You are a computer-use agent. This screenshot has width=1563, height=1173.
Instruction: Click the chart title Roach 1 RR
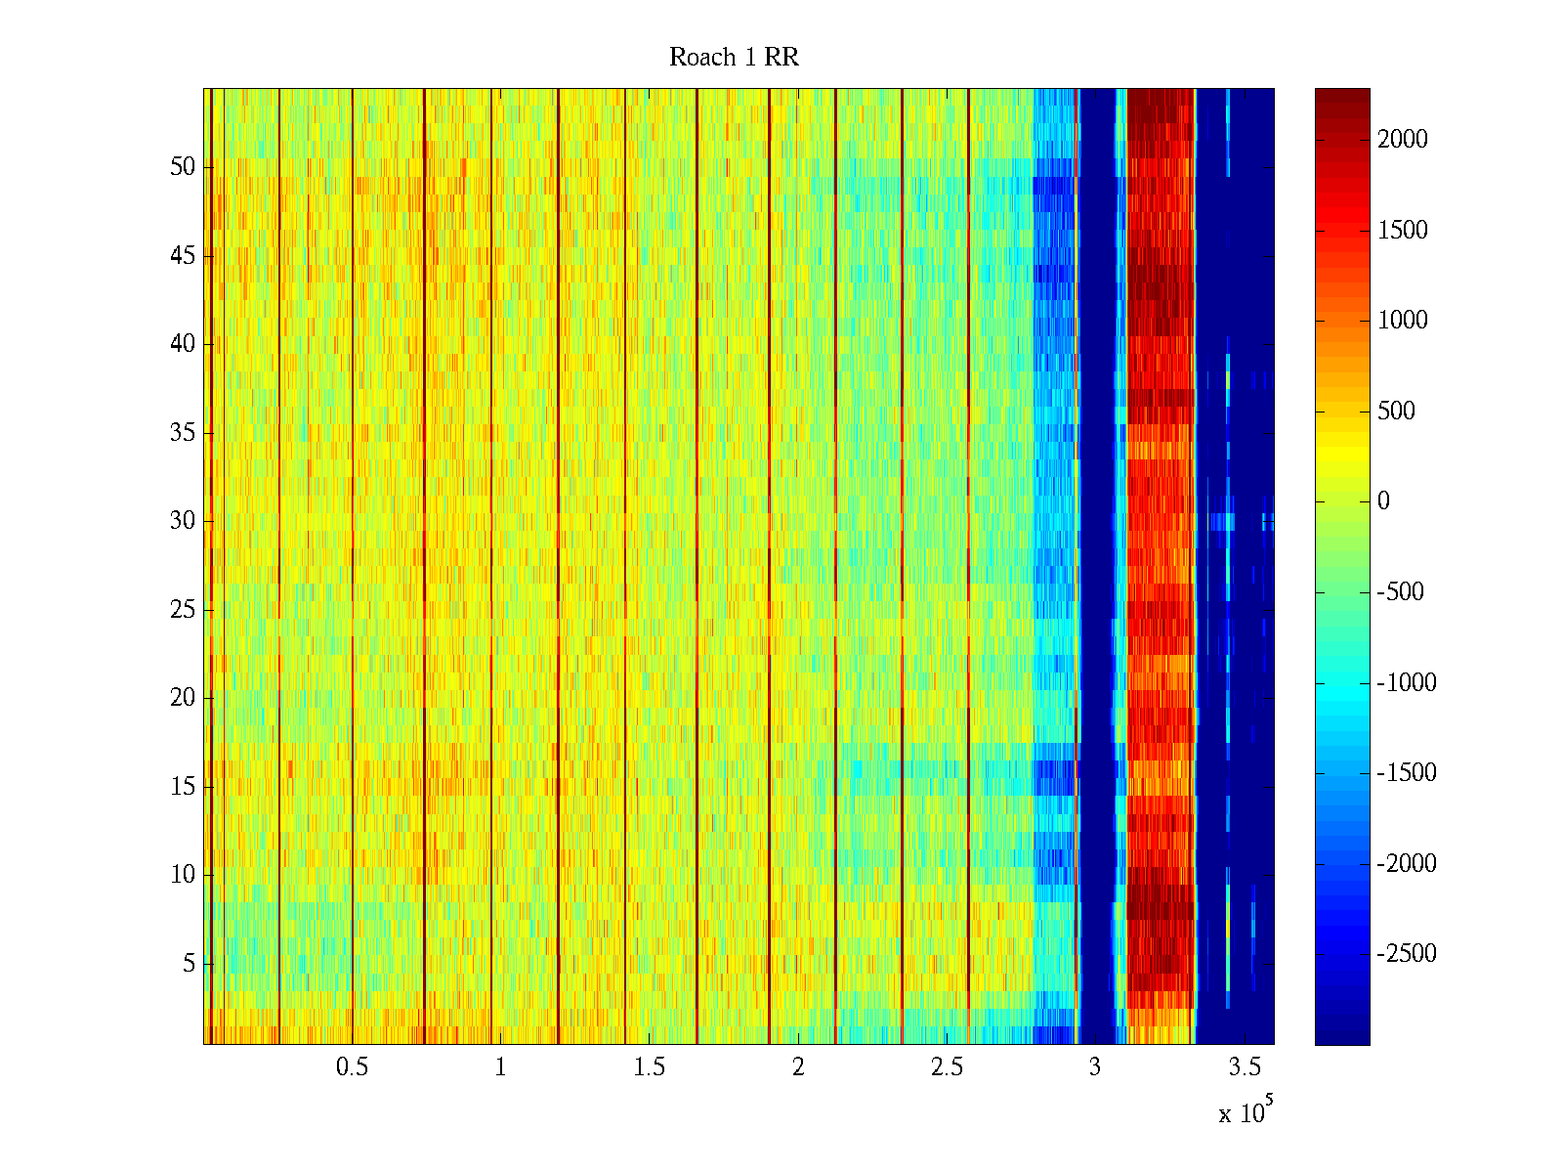tap(734, 58)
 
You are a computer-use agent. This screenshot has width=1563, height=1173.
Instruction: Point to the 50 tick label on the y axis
tap(183, 166)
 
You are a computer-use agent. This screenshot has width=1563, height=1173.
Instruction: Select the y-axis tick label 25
tap(183, 610)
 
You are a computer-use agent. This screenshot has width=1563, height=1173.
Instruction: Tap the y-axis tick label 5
tap(189, 964)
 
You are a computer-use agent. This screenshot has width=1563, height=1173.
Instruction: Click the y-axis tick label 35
tap(183, 432)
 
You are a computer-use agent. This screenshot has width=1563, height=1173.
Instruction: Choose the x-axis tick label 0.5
tap(352, 1067)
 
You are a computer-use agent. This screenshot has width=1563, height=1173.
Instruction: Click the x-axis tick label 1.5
tap(649, 1067)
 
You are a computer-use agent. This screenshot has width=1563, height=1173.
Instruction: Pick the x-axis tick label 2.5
tap(947, 1067)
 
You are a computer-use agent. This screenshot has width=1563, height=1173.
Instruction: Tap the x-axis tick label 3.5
tap(1244, 1067)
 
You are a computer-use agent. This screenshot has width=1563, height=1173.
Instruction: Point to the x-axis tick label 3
tap(1094, 1067)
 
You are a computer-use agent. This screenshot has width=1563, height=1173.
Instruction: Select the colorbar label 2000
tap(1403, 139)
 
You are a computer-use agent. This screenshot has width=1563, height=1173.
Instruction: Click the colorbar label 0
tap(1383, 501)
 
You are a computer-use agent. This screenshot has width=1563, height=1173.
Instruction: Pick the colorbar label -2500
tap(1407, 954)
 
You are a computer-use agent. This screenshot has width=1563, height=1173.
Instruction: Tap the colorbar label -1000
tap(1407, 682)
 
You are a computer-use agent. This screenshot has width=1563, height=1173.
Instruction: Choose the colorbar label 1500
tap(1403, 230)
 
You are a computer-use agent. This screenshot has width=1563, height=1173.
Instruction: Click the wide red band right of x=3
tap(1161, 567)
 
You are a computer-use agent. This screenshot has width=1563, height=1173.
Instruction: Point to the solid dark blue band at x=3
tap(1096, 567)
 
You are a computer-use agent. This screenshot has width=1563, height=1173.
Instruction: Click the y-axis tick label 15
tap(183, 787)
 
